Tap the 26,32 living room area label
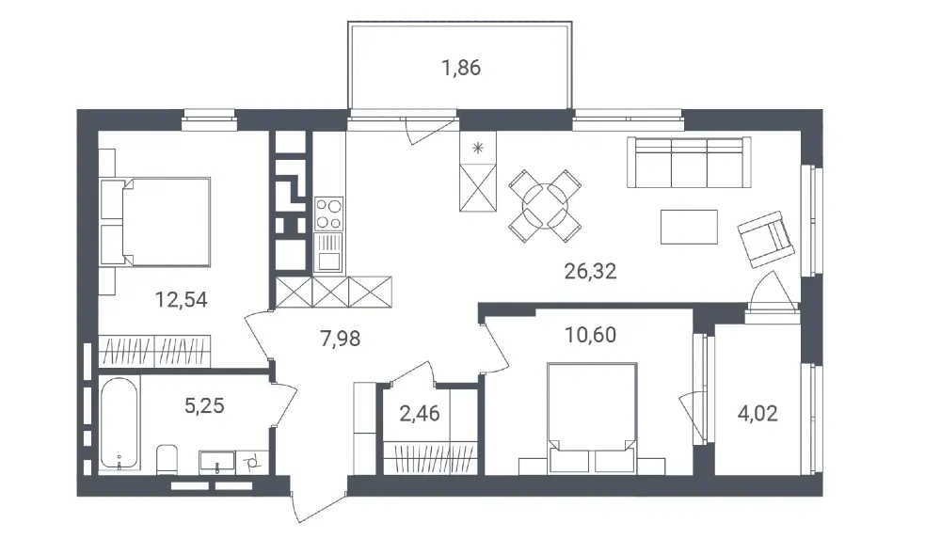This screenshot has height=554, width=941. tap(590, 273)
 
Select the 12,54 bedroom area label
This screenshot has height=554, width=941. tap(182, 300)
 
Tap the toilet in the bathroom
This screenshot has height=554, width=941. tap(167, 459)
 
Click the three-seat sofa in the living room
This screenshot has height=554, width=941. tap(690, 162)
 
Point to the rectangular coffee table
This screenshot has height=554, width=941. tap(689, 227)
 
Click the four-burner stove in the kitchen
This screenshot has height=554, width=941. tap(328, 214)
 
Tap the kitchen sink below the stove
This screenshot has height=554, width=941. tap(328, 252)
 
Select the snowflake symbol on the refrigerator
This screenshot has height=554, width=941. tap(479, 147)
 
